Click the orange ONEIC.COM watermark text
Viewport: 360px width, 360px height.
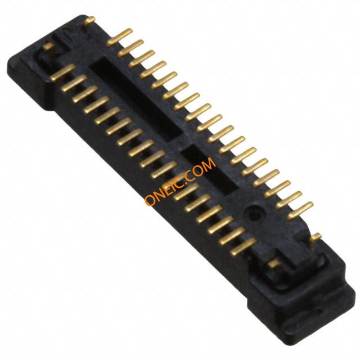tap(181, 181)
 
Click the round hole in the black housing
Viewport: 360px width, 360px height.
tap(254, 213)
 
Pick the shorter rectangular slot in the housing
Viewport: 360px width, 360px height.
tap(209, 170)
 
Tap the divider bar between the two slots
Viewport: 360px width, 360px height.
tap(181, 142)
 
